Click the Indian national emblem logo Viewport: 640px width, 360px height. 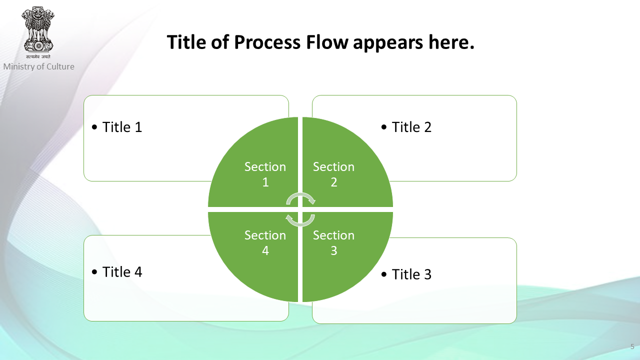click(38, 32)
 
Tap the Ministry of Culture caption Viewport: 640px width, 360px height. click(39, 66)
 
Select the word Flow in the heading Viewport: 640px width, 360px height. click(327, 42)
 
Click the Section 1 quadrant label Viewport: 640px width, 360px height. click(265, 174)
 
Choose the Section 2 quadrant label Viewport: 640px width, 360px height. click(333, 174)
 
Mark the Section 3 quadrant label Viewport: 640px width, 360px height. click(333, 243)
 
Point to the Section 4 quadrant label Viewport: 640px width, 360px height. click(265, 243)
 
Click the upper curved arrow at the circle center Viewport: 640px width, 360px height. click(300, 195)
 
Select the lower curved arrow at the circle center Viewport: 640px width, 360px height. click(300, 224)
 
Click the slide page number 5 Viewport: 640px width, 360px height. click(632, 346)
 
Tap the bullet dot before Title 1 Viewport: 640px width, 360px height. click(94, 127)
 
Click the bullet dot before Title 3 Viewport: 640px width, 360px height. click(384, 274)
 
